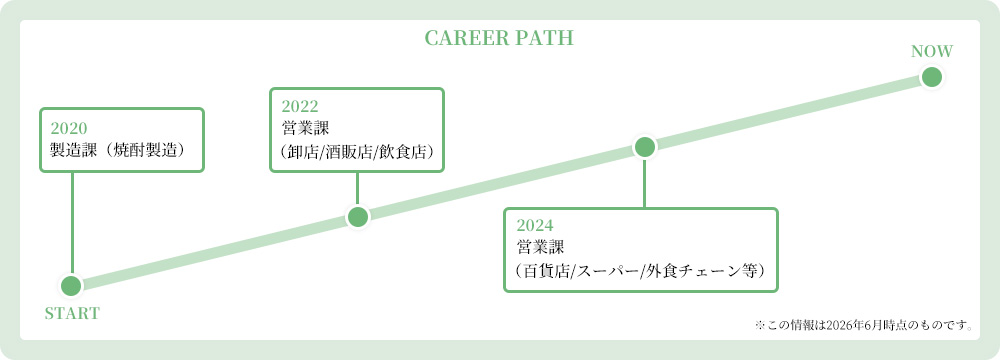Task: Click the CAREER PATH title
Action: [x=499, y=38]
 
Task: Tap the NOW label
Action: [x=932, y=52]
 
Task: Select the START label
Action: [x=72, y=313]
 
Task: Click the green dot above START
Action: [x=71, y=285]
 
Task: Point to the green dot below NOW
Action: [x=932, y=77]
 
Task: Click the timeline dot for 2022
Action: [x=358, y=216]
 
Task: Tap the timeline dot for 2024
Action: [x=644, y=147]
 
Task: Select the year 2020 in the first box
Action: [x=68, y=127]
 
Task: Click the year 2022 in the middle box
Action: [x=300, y=106]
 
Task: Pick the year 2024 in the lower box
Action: [x=534, y=225]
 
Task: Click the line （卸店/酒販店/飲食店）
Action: [x=357, y=151]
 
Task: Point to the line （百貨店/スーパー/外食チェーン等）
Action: [x=640, y=270]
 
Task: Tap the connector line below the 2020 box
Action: [x=72, y=223]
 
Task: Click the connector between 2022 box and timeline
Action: [x=357, y=189]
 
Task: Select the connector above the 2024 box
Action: [x=644, y=183]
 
